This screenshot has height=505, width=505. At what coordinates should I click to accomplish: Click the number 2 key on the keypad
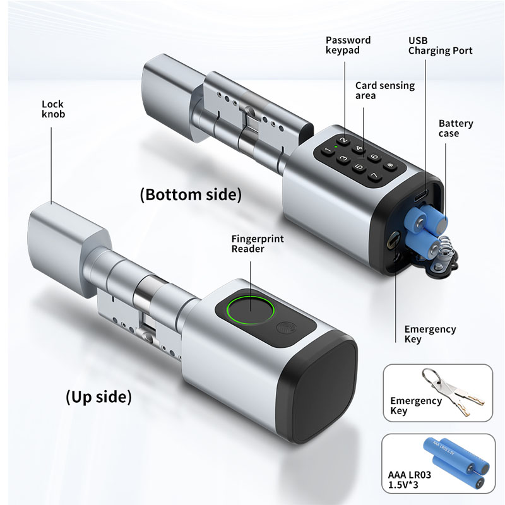(x=344, y=140)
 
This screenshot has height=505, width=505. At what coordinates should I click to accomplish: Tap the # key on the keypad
(x=390, y=166)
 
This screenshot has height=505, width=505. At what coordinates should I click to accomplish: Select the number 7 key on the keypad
(x=374, y=175)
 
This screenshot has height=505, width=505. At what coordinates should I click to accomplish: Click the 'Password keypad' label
(x=348, y=45)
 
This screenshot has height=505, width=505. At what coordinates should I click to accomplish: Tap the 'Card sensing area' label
(x=385, y=90)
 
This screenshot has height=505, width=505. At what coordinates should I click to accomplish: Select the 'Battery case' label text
(x=456, y=128)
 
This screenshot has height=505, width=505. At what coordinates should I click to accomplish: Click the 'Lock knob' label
(x=54, y=109)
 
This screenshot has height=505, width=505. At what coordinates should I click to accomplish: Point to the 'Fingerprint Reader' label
(x=258, y=244)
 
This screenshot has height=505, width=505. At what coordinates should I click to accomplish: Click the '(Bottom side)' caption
(x=191, y=195)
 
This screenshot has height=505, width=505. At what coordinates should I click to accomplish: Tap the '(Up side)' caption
(x=98, y=396)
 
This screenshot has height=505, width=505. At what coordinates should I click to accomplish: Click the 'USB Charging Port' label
(x=440, y=45)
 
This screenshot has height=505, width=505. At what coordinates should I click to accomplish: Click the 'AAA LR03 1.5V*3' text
(x=409, y=480)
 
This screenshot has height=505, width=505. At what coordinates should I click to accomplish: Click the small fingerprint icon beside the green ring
(x=283, y=328)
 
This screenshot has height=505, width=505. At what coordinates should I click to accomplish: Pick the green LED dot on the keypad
(x=336, y=147)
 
